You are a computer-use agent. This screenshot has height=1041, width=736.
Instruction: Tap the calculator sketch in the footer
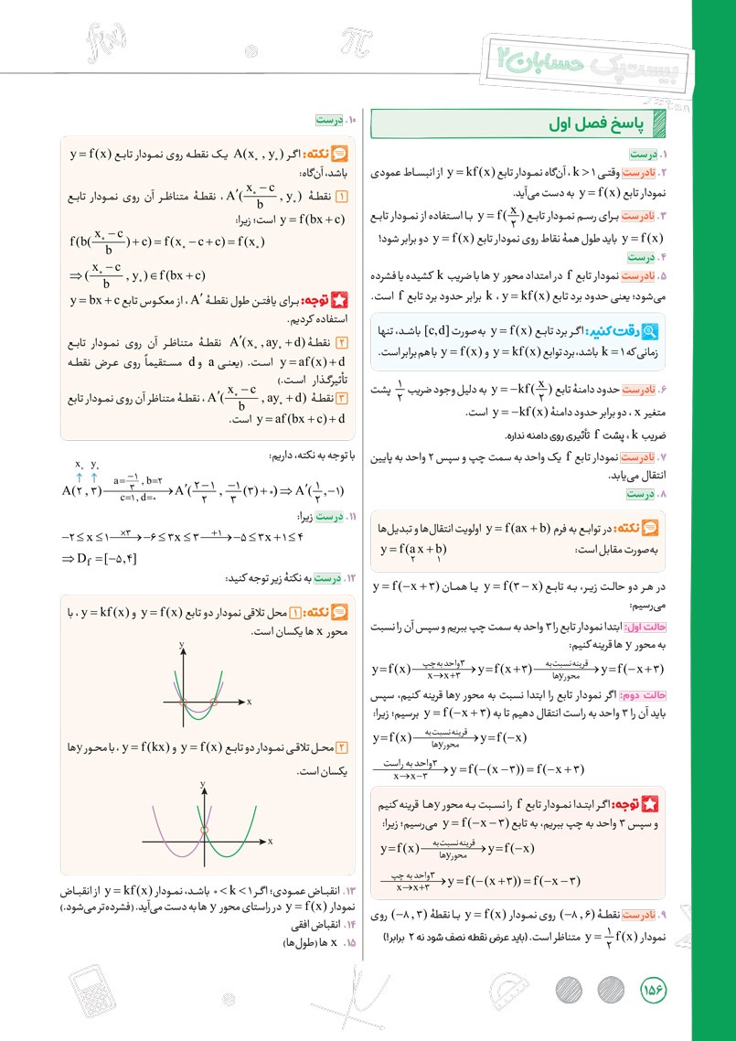98,992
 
